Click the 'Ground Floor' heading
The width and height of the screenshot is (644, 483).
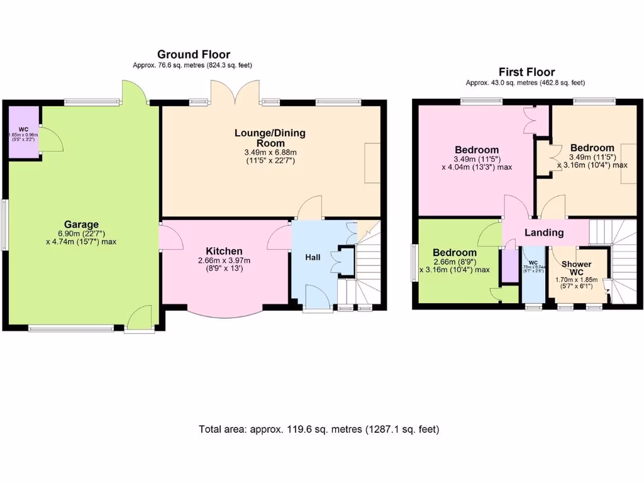pos(193,55)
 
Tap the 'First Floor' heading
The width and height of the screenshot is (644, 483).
pos(526,72)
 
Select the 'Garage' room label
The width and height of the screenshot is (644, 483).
pos(81,225)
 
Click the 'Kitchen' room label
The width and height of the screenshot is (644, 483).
pos(224,251)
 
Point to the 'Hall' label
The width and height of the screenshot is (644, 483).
pos(313,257)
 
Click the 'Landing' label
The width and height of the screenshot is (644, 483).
pos(544,233)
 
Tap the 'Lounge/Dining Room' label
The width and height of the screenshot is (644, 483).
pos(270,138)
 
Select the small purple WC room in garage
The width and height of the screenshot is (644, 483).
pos(23,130)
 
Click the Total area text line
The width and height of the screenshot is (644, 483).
pos(319,430)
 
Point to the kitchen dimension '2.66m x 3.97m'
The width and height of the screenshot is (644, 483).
pos(224,260)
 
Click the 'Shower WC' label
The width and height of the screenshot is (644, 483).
pos(576,269)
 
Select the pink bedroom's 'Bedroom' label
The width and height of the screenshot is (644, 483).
pos(477,150)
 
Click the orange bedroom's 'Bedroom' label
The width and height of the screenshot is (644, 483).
pos(592,148)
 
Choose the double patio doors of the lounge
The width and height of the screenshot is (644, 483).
pos(235,92)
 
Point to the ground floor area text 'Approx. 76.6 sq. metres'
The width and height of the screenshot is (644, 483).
pos(193,65)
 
